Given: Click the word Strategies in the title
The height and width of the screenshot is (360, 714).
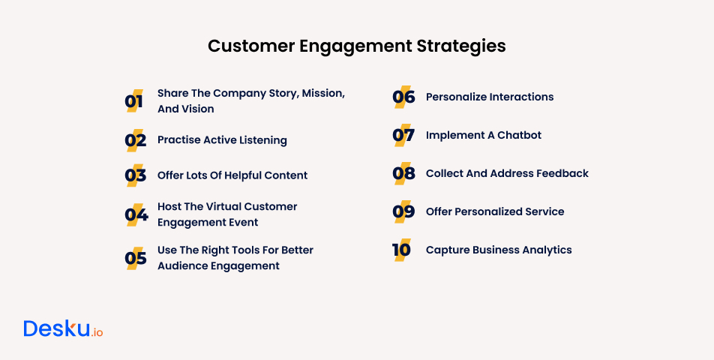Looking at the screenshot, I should [x=460, y=46].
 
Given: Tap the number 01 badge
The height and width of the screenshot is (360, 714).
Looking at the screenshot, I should [x=133, y=101].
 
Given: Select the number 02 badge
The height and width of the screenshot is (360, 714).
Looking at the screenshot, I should [x=134, y=140].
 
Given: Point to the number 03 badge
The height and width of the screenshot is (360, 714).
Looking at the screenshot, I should [x=135, y=175].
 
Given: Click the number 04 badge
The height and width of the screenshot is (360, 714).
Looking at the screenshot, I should [x=136, y=215].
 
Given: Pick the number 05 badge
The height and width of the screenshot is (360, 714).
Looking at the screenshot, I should [x=135, y=259].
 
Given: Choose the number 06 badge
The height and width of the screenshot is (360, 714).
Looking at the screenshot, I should [x=403, y=97].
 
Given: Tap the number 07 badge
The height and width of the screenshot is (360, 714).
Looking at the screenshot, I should [x=403, y=136].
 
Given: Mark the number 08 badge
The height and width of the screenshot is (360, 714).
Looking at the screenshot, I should [x=403, y=173].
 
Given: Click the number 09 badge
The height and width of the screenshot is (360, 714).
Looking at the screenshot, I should [x=403, y=212].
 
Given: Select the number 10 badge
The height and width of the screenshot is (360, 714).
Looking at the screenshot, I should [x=402, y=250].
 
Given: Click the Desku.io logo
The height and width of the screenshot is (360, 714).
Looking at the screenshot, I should [x=63, y=329].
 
